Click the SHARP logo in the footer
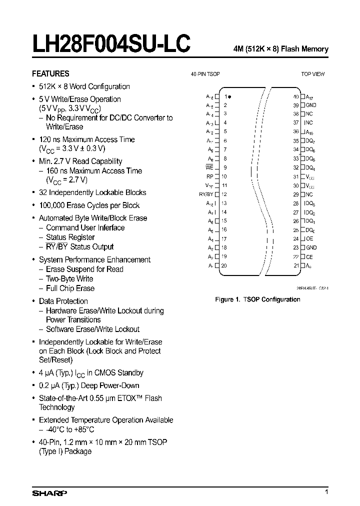point(49,493)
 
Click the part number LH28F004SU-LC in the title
point(111,44)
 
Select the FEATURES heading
point(50,73)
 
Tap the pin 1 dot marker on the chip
point(229,96)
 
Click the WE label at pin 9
point(209,167)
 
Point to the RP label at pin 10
point(209,176)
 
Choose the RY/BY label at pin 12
point(206,194)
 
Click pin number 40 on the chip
point(295,96)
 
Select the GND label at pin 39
point(311,105)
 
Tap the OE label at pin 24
point(309,238)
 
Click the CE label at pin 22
point(309,256)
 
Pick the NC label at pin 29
point(309,194)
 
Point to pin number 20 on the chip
point(224,265)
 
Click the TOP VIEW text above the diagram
point(312,74)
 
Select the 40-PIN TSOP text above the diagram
point(205,74)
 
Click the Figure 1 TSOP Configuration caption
point(257,299)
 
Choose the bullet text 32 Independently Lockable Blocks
point(92,192)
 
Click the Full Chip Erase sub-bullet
point(70,288)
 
